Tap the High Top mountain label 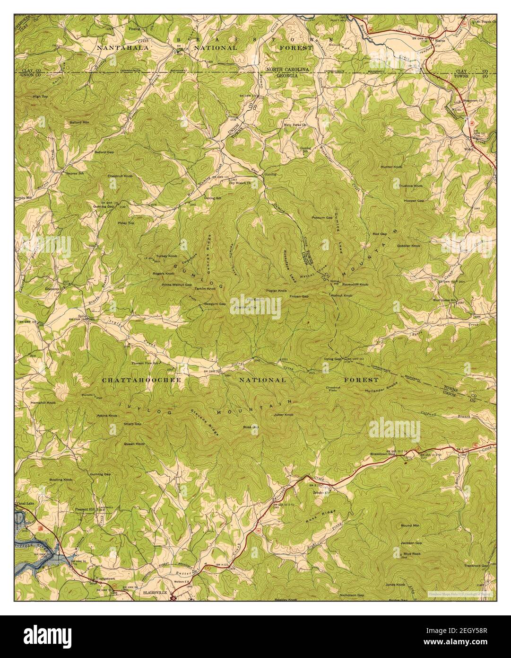pyautogui.click(x=40, y=96)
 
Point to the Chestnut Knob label pyautogui.click(x=120, y=176)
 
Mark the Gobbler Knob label pyautogui.click(x=409, y=246)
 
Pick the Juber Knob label pyautogui.click(x=284, y=415)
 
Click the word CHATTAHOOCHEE pyautogui.click(x=133, y=380)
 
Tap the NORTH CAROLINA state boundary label pyautogui.click(x=287, y=69)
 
